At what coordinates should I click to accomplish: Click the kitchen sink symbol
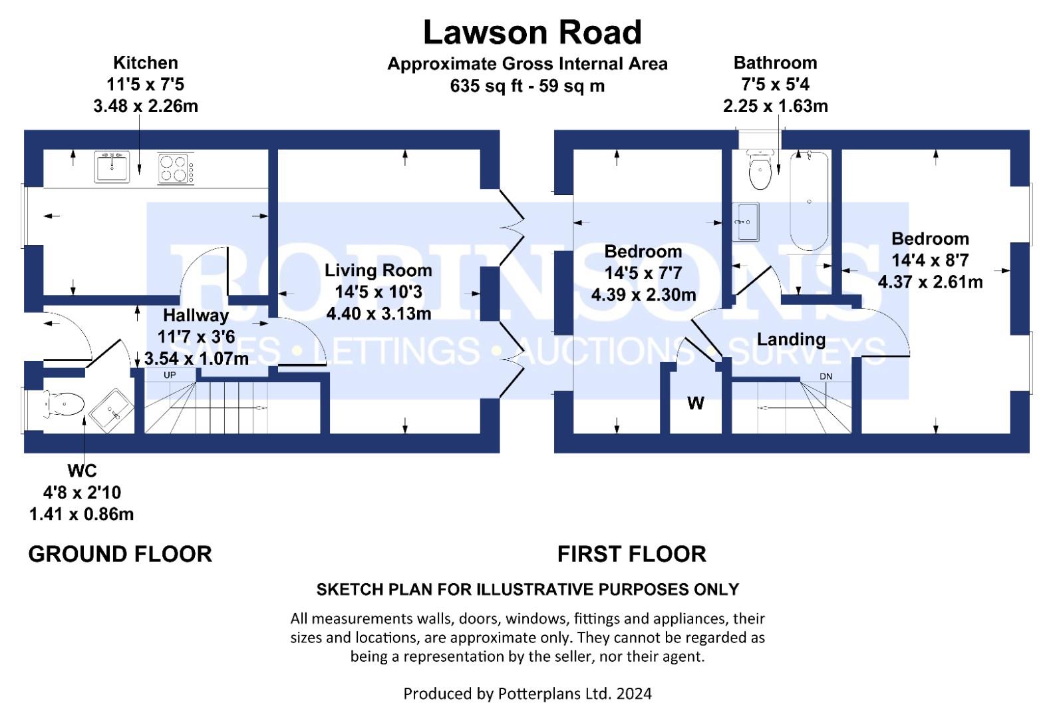click(x=112, y=166)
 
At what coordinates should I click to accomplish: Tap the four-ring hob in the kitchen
click(x=176, y=168)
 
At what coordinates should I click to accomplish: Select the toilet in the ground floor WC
click(x=64, y=404)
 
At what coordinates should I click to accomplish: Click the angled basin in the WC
click(x=112, y=410)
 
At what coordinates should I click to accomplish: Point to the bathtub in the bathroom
click(x=809, y=201)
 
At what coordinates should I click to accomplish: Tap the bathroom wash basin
click(x=746, y=222)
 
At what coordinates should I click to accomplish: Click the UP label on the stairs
click(x=170, y=375)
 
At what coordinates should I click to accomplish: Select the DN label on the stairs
click(x=826, y=377)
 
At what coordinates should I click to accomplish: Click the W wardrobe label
click(x=696, y=403)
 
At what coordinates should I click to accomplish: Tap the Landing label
click(x=791, y=340)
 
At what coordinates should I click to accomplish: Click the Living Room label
click(x=378, y=270)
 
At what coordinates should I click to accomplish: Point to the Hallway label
click(x=196, y=316)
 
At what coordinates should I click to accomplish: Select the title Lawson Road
click(x=532, y=33)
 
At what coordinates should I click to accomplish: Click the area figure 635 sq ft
click(x=486, y=86)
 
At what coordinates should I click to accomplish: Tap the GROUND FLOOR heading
click(x=120, y=554)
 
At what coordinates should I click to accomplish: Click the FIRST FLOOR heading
click(x=631, y=554)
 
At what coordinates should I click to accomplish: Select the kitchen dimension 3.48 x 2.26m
click(x=146, y=106)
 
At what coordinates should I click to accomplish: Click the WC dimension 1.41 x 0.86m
click(x=81, y=514)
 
